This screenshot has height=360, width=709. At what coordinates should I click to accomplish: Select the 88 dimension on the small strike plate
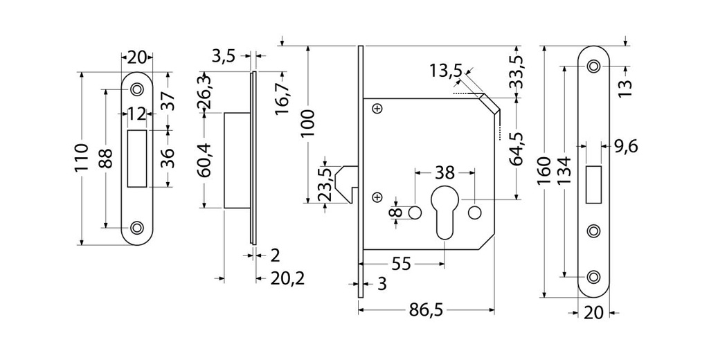(105, 159)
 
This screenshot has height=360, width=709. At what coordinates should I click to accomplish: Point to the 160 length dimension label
(544, 170)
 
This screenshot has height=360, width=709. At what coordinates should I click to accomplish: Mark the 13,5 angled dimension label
(445, 71)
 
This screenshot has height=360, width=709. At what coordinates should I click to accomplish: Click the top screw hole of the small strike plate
(137, 89)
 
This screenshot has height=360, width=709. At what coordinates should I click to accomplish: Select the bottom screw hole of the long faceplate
(593, 276)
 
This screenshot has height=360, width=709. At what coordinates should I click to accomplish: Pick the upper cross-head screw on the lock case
(377, 108)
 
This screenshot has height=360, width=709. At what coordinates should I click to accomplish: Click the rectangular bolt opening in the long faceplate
(593, 185)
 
